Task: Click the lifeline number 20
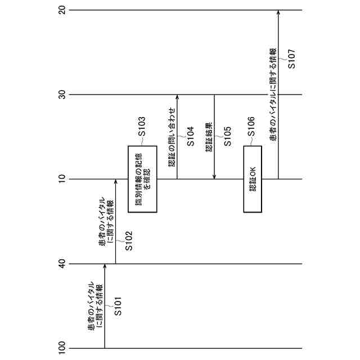pyautogui.click(x=62, y=10)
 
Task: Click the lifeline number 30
pyautogui.click(x=62, y=94)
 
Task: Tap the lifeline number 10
pyautogui.click(x=62, y=179)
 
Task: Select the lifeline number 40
pyautogui.click(x=62, y=263)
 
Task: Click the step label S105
pyautogui.click(x=227, y=134)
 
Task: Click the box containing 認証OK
pyautogui.click(x=253, y=179)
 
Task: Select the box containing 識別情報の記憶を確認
pyautogui.click(x=142, y=179)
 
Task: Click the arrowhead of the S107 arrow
pyautogui.click(x=278, y=13)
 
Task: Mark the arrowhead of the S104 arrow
pyautogui.click(x=177, y=97)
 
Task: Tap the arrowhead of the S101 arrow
pyautogui.click(x=105, y=267)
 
